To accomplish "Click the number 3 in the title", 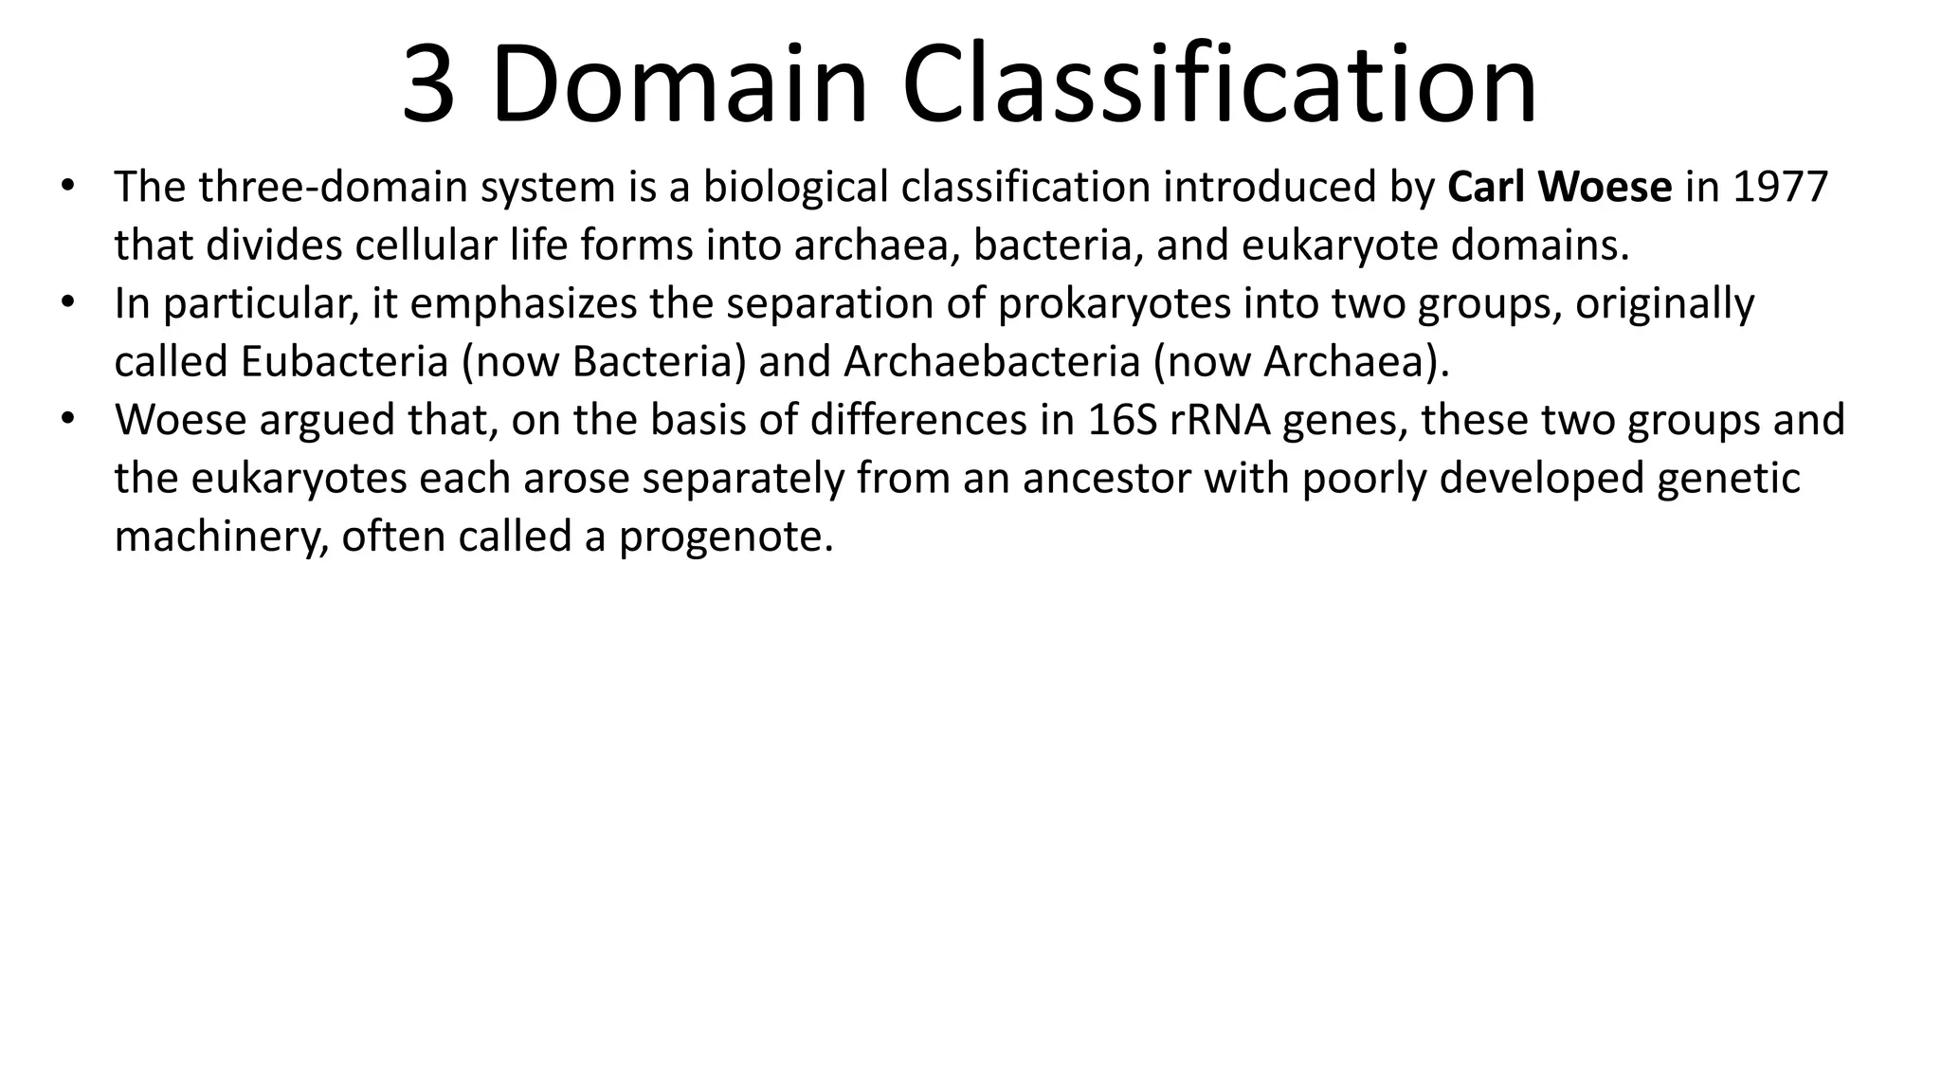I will point(428,85).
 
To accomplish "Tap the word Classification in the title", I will point(1219,85).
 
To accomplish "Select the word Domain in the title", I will point(679,85).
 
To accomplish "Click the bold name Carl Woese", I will point(1560,187).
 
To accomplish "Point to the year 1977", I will point(1781,187).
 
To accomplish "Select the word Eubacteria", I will point(344,361).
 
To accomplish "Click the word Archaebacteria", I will point(991,361).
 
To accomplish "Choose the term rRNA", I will point(1221,420).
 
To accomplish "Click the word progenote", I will point(726,537).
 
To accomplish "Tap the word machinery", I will point(221,537).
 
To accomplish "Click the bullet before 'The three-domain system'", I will point(65,185).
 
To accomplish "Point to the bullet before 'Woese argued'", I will point(65,418).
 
